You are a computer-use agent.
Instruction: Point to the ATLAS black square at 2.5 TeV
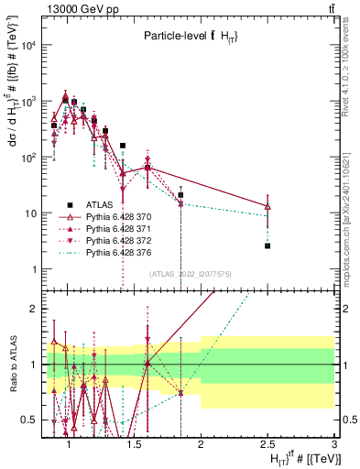pyautogui.click(x=267, y=245)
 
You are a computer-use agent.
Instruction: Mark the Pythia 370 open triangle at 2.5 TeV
pyautogui.click(x=267, y=207)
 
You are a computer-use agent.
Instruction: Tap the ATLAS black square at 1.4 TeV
pyautogui.click(x=123, y=145)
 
